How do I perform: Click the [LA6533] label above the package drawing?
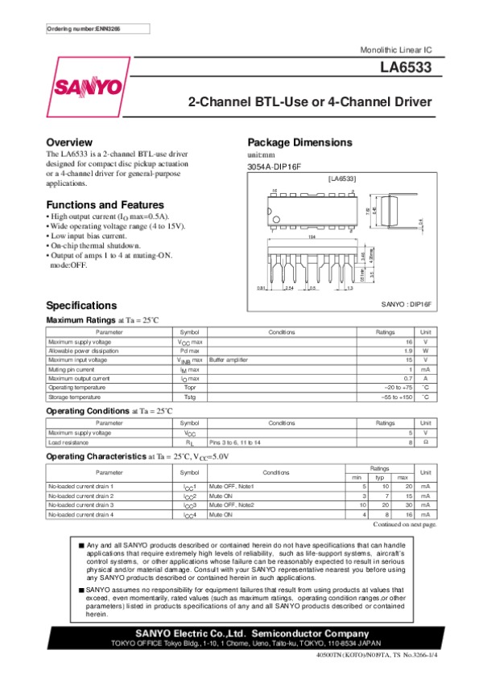(x=341, y=177)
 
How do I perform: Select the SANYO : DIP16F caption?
(x=407, y=305)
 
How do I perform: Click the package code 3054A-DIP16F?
(x=274, y=167)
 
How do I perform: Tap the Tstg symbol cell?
(x=190, y=397)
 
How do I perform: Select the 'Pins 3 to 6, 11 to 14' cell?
(x=239, y=442)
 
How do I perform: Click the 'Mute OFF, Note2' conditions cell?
(x=233, y=504)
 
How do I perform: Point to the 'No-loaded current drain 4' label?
(x=81, y=514)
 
